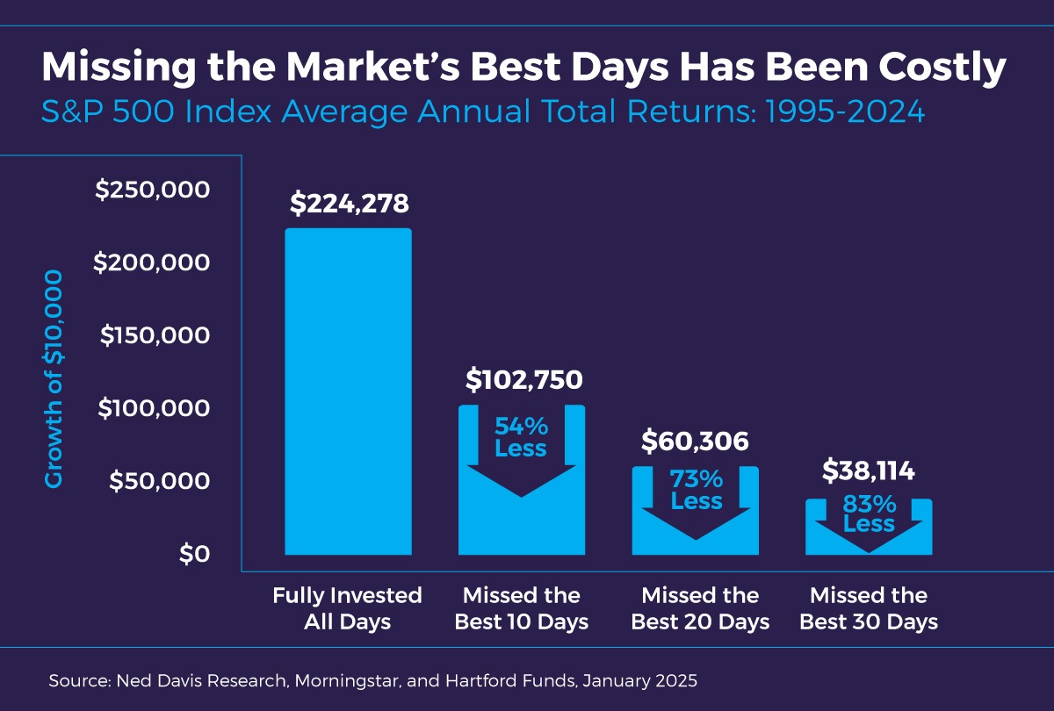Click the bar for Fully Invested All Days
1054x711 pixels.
tap(348, 391)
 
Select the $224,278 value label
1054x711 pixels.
tap(349, 204)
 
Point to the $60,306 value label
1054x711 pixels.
tap(695, 442)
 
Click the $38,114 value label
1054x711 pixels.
tap(869, 471)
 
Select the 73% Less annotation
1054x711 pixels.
tap(696, 491)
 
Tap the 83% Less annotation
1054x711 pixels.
tap(869, 514)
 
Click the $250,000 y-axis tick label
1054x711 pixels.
tap(153, 190)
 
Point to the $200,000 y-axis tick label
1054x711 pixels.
tap(153, 262)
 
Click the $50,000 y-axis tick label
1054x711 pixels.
tap(159, 481)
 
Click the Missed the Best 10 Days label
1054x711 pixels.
tap(522, 608)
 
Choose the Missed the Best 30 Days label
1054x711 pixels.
tap(869, 608)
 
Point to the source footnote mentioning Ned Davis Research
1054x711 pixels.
tap(374, 680)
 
